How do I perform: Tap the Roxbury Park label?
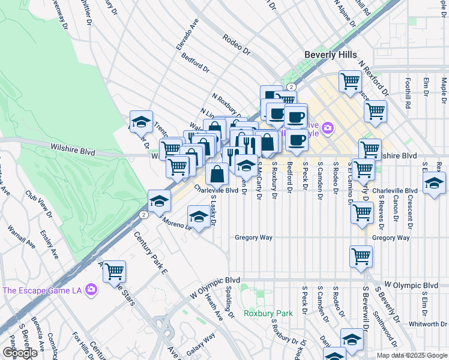tap(268, 313)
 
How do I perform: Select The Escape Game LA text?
tap(41, 290)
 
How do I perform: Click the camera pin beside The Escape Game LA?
tap(91, 290)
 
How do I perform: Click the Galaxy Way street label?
tap(200, 347)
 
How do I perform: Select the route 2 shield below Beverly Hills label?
tap(290, 87)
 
